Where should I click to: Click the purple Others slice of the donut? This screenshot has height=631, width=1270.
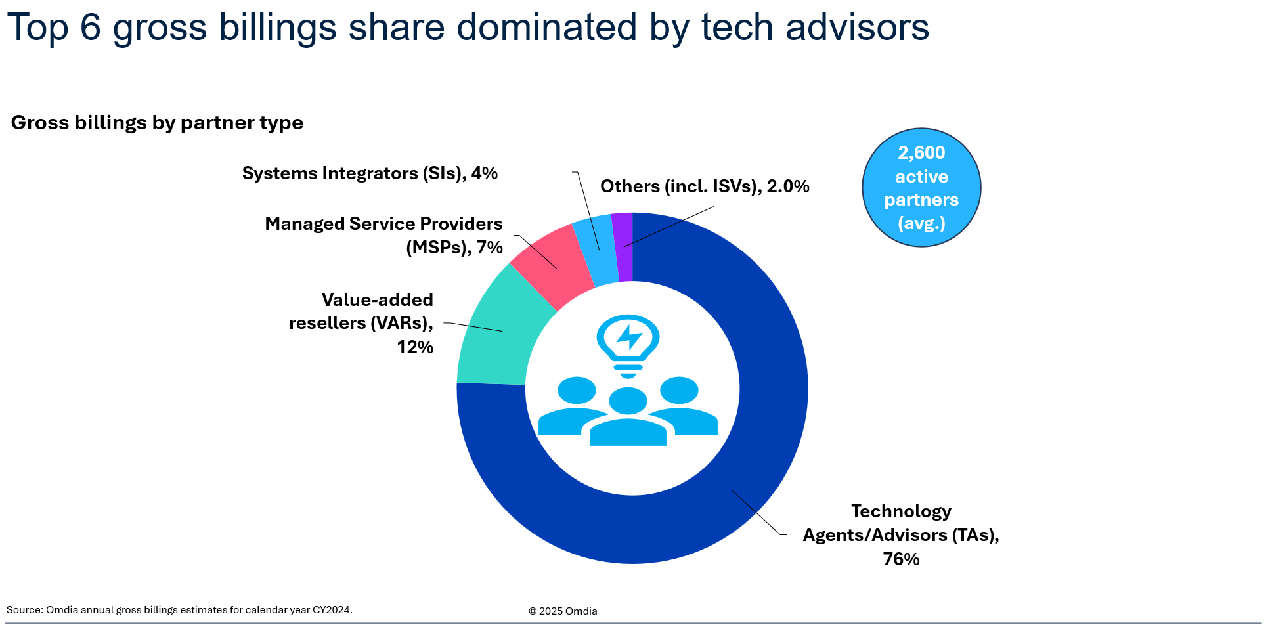tap(623, 247)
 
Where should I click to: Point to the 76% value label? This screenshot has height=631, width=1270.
tap(901, 559)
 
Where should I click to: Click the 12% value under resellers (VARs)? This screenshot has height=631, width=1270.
tap(415, 347)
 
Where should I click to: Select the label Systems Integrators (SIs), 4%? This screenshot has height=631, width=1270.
tap(370, 173)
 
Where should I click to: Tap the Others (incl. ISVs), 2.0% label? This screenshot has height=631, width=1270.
tap(705, 186)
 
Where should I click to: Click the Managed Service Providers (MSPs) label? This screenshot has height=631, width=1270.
tap(383, 235)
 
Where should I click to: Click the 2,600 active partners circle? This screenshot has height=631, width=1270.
tap(921, 188)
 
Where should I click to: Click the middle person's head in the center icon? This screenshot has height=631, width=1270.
tap(628, 401)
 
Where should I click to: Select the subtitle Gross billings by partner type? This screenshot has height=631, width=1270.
tap(157, 123)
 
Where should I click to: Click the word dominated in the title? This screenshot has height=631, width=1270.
tap(546, 28)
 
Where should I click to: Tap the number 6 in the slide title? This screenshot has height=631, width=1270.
tap(91, 28)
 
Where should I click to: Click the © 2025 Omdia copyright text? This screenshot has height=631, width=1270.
tap(563, 611)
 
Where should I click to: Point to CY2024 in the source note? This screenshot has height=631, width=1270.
tap(332, 610)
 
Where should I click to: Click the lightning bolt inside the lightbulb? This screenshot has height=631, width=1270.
tap(630, 337)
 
